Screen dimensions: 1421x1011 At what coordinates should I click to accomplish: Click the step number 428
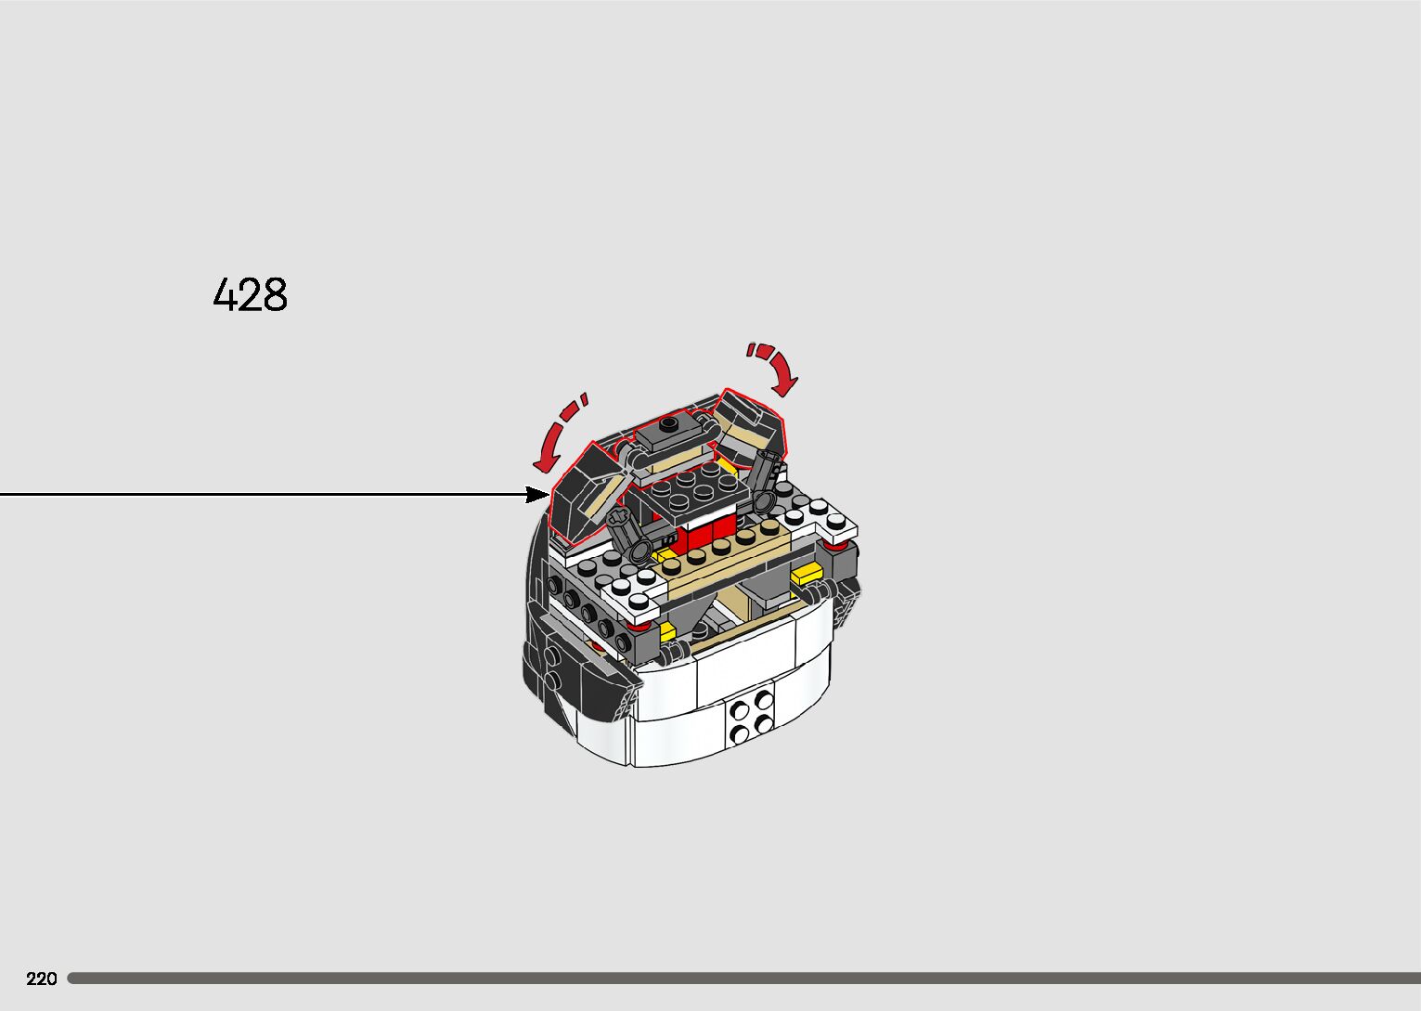click(x=251, y=294)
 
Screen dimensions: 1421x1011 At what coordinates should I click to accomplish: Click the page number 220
click(x=42, y=979)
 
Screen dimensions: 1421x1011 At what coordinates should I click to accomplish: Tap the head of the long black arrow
click(x=539, y=494)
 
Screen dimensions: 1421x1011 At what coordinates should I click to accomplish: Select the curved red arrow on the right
click(x=776, y=365)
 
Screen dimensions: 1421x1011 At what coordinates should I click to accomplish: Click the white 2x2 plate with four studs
click(x=751, y=715)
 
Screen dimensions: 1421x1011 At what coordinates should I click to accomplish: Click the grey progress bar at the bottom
click(x=743, y=978)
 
